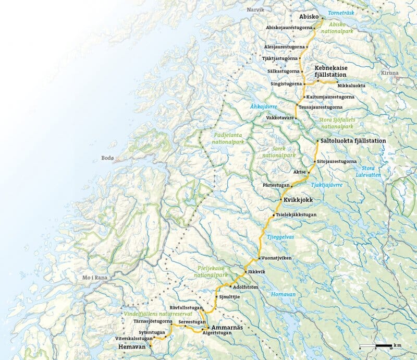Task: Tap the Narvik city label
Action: [255, 10]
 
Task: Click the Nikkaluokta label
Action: [352, 85]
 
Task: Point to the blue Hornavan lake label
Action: [283, 294]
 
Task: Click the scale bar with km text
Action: [379, 346]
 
